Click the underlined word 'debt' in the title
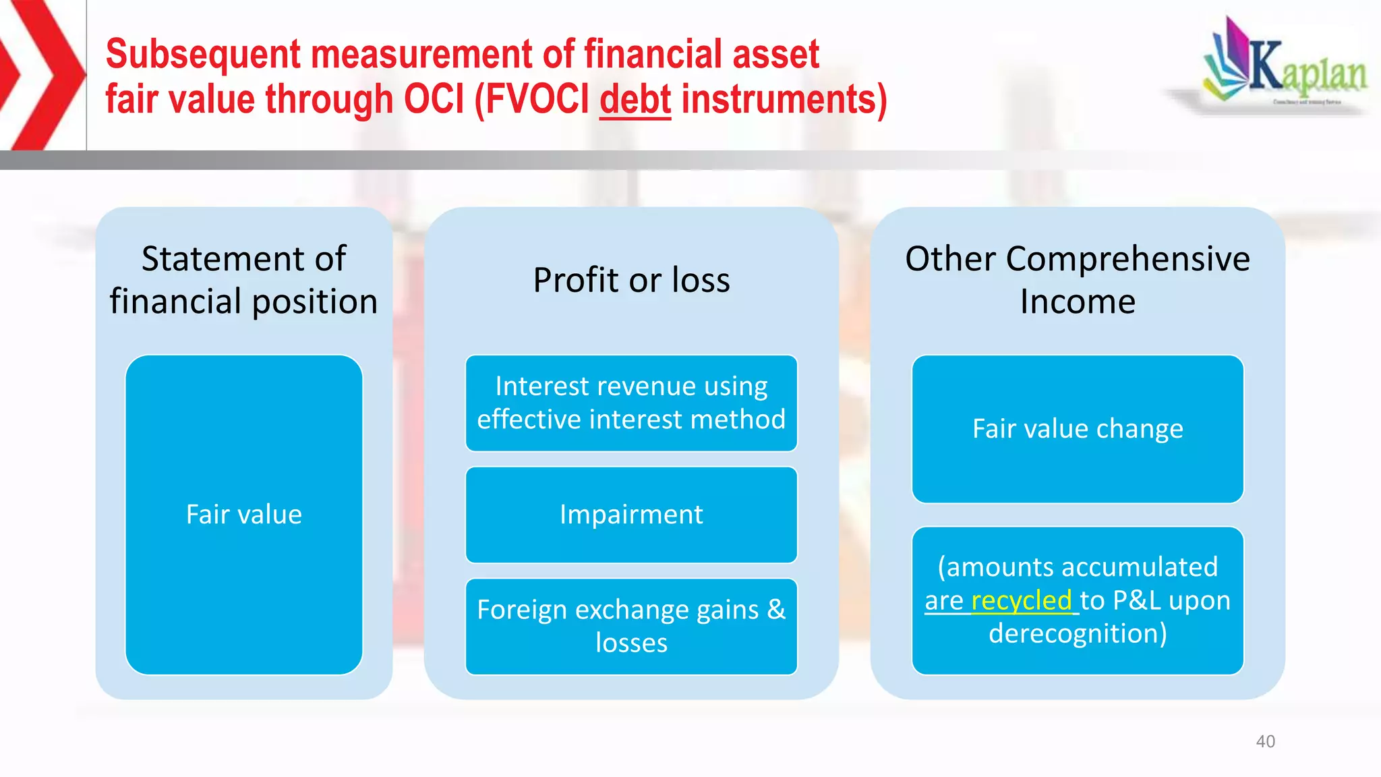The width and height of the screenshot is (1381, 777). (635, 100)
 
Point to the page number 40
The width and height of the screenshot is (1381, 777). (1265, 741)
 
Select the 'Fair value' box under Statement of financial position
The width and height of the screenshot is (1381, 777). (243, 515)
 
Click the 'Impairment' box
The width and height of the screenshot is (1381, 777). (631, 515)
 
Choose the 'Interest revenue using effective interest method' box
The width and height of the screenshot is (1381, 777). (631, 403)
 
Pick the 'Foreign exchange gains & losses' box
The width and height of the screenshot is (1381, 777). (631, 626)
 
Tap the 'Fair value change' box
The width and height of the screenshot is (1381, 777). (1077, 429)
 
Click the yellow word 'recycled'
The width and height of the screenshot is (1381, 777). (1021, 600)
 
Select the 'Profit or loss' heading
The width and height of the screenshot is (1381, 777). (631, 280)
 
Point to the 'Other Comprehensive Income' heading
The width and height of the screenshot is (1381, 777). (1077, 279)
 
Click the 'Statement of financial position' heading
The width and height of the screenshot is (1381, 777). (243, 279)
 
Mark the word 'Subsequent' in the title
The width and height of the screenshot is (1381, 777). (203, 54)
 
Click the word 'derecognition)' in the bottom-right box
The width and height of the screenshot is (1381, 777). (1077, 633)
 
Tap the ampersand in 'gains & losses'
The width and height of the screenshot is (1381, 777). (776, 610)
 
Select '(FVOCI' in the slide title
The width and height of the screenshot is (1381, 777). (532, 100)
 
